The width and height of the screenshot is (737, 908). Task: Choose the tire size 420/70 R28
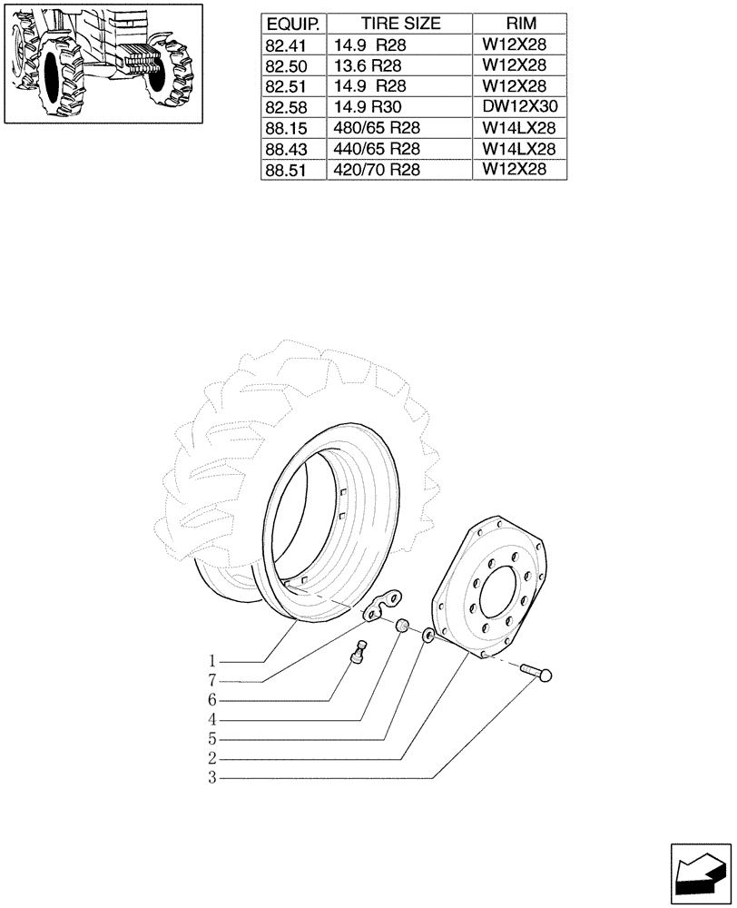coord(377,170)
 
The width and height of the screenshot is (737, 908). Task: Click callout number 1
coord(211,660)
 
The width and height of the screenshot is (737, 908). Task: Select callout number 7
coord(211,680)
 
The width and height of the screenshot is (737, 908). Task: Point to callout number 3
coord(211,778)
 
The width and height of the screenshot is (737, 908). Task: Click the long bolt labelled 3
coord(538,673)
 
